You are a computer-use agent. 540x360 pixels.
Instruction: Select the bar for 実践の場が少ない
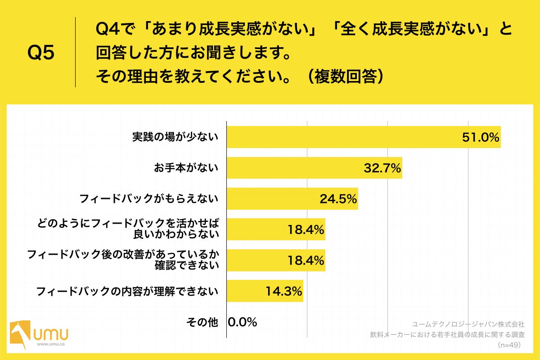[342, 137]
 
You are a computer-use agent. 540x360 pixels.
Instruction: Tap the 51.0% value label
[481, 138]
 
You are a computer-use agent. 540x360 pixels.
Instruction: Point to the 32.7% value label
[382, 168]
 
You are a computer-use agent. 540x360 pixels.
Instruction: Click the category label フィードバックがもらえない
[148, 198]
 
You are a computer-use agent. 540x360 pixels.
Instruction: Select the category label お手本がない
[186, 168]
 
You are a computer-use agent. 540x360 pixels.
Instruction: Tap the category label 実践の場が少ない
[175, 137]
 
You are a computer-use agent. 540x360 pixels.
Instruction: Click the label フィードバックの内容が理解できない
[127, 291]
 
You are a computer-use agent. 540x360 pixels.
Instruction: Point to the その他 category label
[202, 322]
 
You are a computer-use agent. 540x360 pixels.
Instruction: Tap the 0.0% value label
[243, 322]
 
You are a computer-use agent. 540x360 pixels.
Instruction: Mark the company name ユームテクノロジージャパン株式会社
[468, 324]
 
